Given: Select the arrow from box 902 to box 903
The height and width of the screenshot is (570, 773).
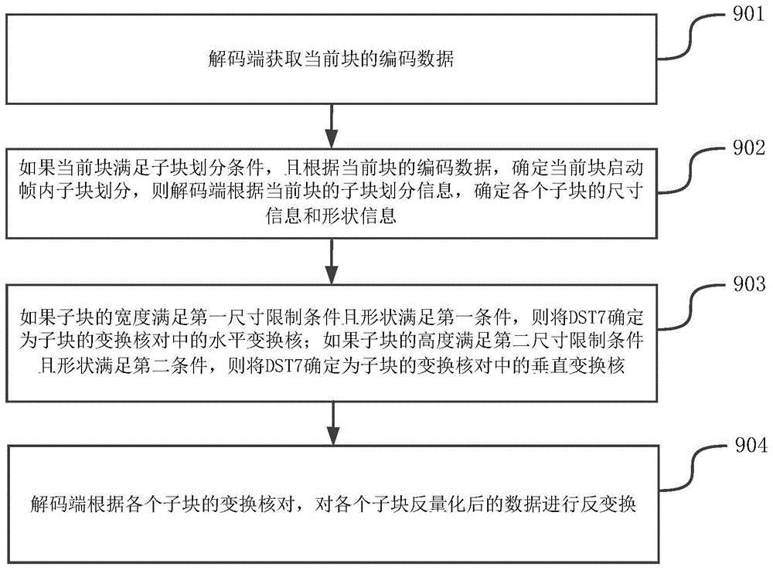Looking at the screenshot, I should click(x=331, y=261).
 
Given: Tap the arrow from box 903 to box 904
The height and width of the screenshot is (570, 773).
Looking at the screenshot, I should click(x=331, y=421).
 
